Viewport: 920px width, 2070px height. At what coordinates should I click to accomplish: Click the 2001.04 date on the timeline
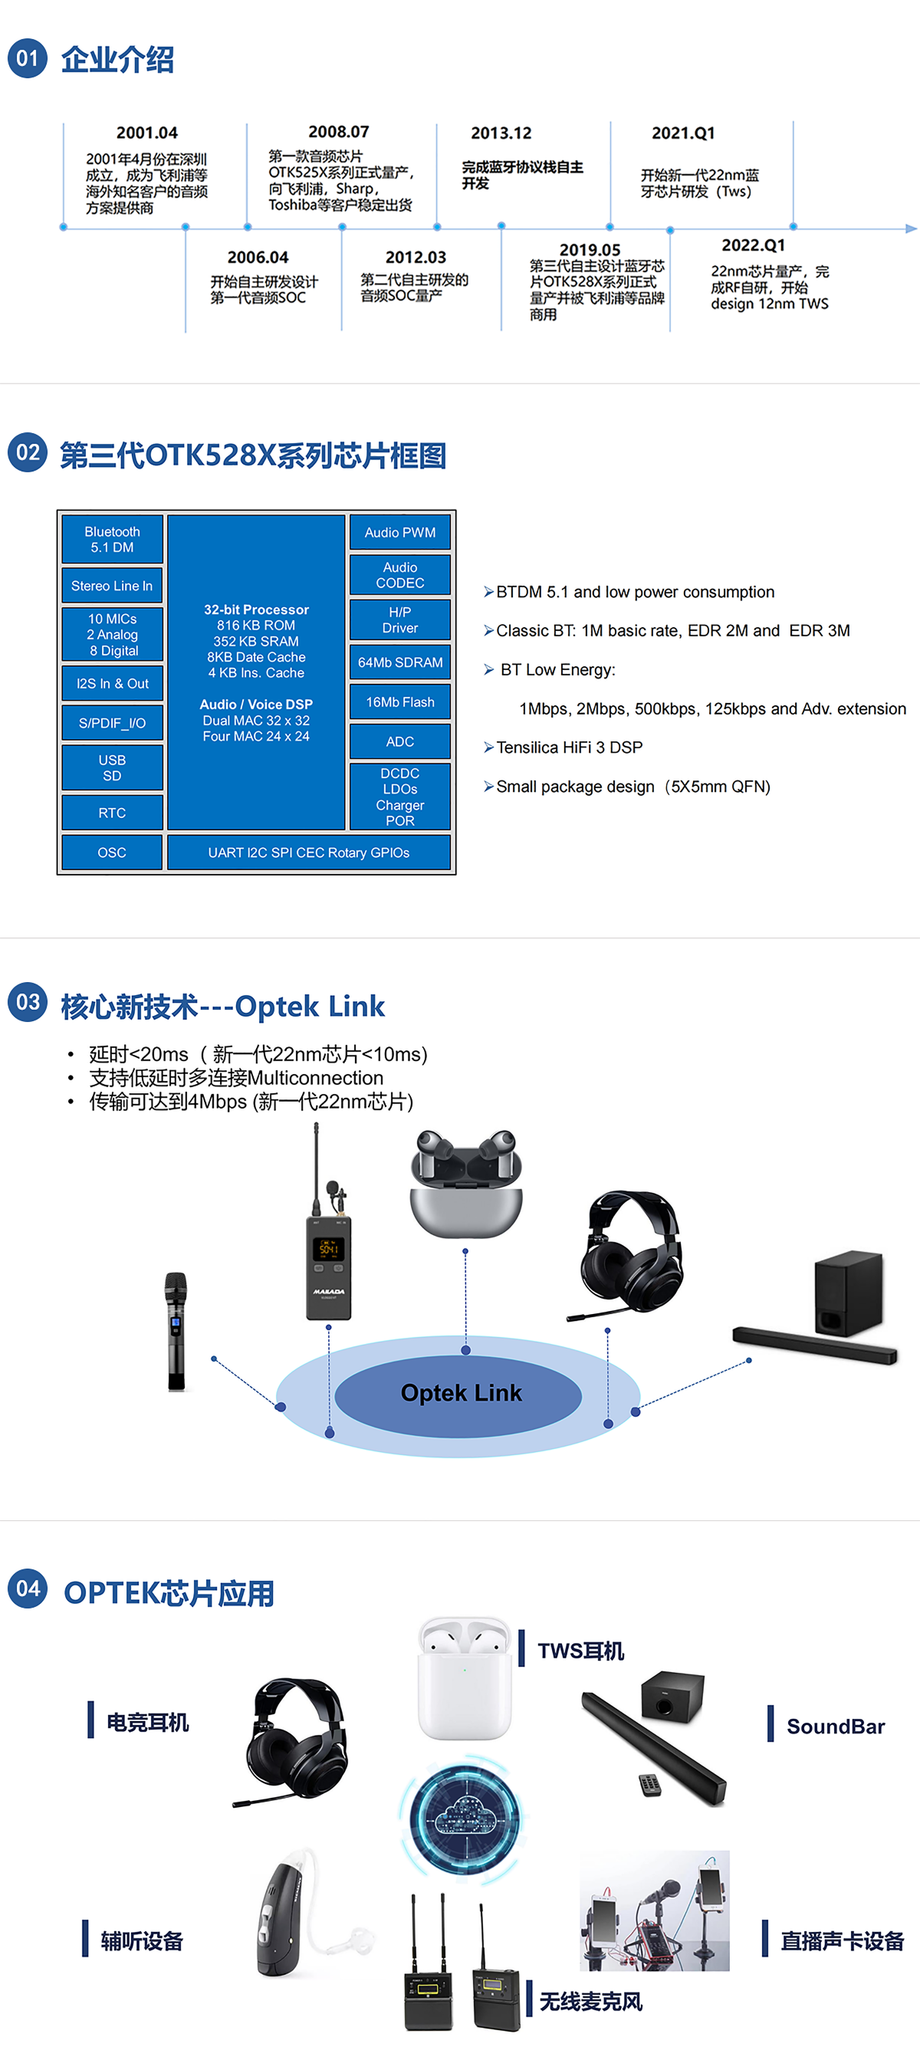[147, 133]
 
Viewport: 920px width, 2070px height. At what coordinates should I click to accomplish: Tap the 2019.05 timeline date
[590, 250]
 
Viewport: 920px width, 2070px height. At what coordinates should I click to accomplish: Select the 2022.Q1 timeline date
[753, 245]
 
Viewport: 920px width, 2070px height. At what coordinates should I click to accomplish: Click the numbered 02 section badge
[28, 452]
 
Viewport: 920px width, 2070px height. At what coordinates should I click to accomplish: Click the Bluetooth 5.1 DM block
[113, 539]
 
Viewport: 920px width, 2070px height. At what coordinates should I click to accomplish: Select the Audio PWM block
[400, 533]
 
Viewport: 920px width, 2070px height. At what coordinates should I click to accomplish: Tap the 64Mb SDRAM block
[400, 662]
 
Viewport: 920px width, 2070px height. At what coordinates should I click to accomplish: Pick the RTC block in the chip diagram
[113, 813]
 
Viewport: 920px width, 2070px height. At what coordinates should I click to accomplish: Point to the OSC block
[113, 852]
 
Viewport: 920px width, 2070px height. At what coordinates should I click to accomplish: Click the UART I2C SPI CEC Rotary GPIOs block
[308, 852]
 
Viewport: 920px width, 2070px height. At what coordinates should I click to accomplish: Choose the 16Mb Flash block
[400, 701]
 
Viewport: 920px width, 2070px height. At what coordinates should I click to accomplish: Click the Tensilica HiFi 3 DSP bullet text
[569, 747]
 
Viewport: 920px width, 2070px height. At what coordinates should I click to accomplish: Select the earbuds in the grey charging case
[465, 1183]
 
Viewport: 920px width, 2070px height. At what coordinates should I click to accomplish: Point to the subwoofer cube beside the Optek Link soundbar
[849, 1293]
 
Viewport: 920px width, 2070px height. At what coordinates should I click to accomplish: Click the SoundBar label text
[836, 1726]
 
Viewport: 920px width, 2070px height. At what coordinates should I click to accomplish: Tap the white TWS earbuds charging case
[465, 1680]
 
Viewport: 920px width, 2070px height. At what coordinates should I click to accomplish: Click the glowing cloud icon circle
[464, 1817]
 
